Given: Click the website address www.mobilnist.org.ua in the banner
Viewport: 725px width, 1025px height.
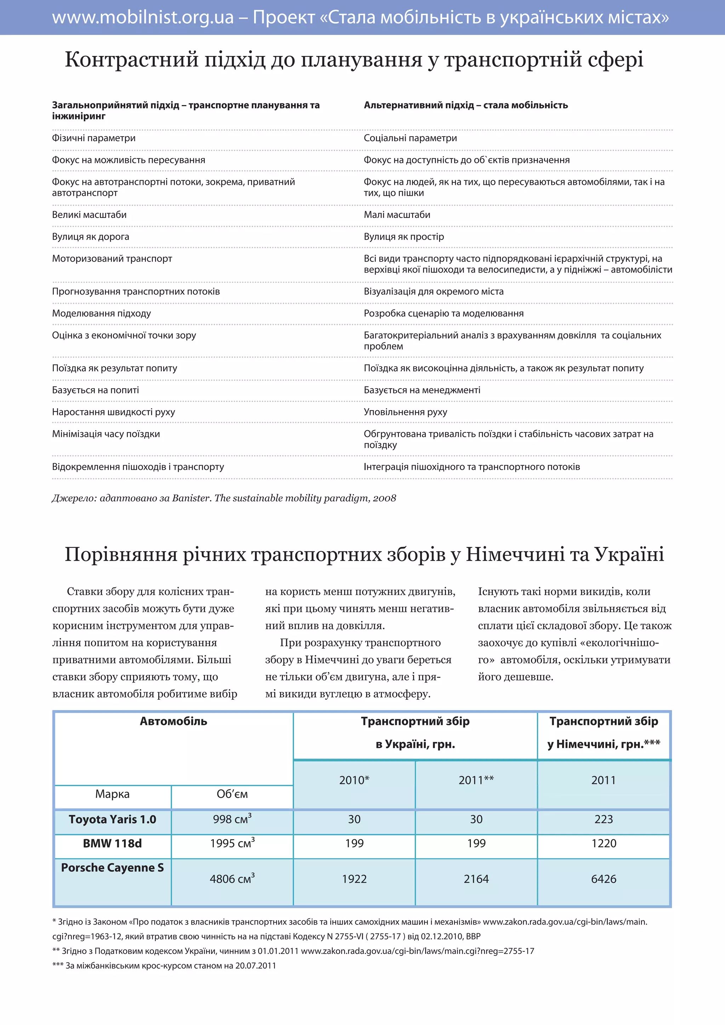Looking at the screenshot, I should point(143,18).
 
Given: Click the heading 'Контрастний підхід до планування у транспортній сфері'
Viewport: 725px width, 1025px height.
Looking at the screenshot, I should point(354,59).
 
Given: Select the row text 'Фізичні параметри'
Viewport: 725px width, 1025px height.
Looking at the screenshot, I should point(94,138).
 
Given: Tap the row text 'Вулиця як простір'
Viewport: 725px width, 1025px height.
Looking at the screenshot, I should point(404,237).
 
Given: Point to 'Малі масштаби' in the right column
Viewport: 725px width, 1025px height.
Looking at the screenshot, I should point(397,215).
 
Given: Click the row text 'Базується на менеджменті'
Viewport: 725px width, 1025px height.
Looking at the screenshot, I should point(422,390).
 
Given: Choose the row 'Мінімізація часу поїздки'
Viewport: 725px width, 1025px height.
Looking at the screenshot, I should point(106,434).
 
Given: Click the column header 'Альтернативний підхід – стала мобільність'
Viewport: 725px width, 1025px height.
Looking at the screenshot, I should point(466,105).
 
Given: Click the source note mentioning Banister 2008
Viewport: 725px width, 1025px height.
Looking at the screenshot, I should point(224,498).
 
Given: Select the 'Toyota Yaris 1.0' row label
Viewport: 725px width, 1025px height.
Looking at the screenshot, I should point(113,820).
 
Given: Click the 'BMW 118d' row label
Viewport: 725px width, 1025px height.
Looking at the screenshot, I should point(113,844).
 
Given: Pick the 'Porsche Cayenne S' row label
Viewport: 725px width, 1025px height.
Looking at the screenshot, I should point(113,868).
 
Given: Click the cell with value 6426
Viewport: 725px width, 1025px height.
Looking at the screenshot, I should point(604,880).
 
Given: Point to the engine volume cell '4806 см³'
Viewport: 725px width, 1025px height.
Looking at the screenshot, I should point(232,880).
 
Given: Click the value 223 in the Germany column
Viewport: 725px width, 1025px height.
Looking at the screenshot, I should point(604,820).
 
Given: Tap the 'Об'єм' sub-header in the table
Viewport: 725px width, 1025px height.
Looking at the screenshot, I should point(232,794).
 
